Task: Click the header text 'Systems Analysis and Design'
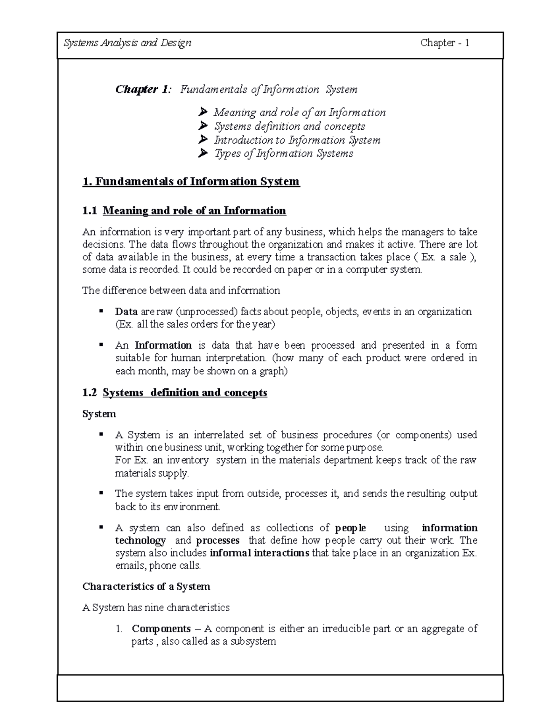127,43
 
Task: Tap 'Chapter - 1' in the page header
444,43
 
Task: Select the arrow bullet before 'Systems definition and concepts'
202,126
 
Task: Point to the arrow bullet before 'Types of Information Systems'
202,153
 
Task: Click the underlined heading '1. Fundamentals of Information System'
191,181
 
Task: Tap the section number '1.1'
90,211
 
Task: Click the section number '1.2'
90,393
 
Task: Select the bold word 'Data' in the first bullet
126,312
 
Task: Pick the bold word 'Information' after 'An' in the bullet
163,345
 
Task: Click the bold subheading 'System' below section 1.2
99,414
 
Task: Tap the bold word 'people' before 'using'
350,528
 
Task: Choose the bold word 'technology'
140,541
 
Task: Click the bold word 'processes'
217,541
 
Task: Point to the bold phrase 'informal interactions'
259,553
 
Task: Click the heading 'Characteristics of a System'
146,587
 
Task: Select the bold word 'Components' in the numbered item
161,629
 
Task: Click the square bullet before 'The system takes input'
100,493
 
